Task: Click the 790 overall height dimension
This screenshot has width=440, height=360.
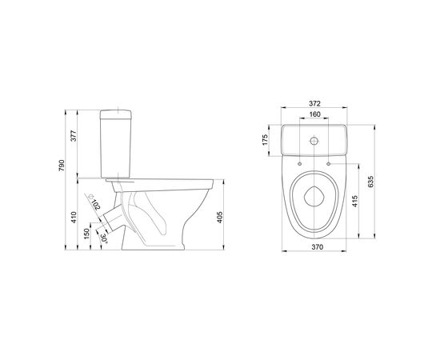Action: tap(62, 166)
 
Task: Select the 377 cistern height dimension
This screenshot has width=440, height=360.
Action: tap(73, 135)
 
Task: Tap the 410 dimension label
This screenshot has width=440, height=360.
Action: tap(74, 217)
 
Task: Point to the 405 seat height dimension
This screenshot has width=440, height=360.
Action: tap(220, 217)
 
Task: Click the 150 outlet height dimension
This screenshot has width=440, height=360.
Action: tap(86, 234)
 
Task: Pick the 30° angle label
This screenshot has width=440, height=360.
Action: tap(104, 238)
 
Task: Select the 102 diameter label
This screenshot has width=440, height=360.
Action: tap(96, 205)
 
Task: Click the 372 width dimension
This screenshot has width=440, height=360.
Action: tap(314, 103)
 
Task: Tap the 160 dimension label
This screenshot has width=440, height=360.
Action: tap(314, 114)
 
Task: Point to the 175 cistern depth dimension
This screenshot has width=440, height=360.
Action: tap(265, 140)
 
